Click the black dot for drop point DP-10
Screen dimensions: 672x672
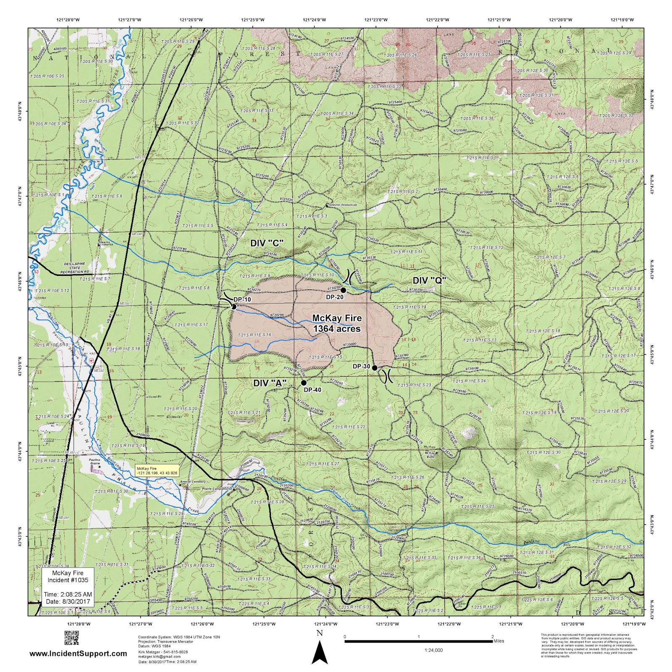tap(234, 307)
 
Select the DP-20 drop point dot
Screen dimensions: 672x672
tap(343, 290)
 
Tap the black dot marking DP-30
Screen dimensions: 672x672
tap(375, 368)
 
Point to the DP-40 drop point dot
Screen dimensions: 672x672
tap(304, 383)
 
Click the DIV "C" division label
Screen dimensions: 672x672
tap(267, 243)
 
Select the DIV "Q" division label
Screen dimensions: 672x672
tap(429, 281)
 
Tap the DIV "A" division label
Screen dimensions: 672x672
tap(270, 383)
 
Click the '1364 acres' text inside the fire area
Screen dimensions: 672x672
tap(337, 329)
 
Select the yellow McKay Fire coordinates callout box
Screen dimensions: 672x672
tap(157, 470)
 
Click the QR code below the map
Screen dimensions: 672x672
tap(71, 638)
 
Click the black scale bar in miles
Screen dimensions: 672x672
tap(418, 641)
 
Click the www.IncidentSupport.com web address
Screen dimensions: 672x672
tap(78, 654)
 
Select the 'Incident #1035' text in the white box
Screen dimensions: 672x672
tap(68, 580)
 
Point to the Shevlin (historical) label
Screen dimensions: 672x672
tap(343, 205)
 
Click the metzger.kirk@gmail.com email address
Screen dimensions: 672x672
tap(159, 656)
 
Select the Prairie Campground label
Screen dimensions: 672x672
tap(217, 489)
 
